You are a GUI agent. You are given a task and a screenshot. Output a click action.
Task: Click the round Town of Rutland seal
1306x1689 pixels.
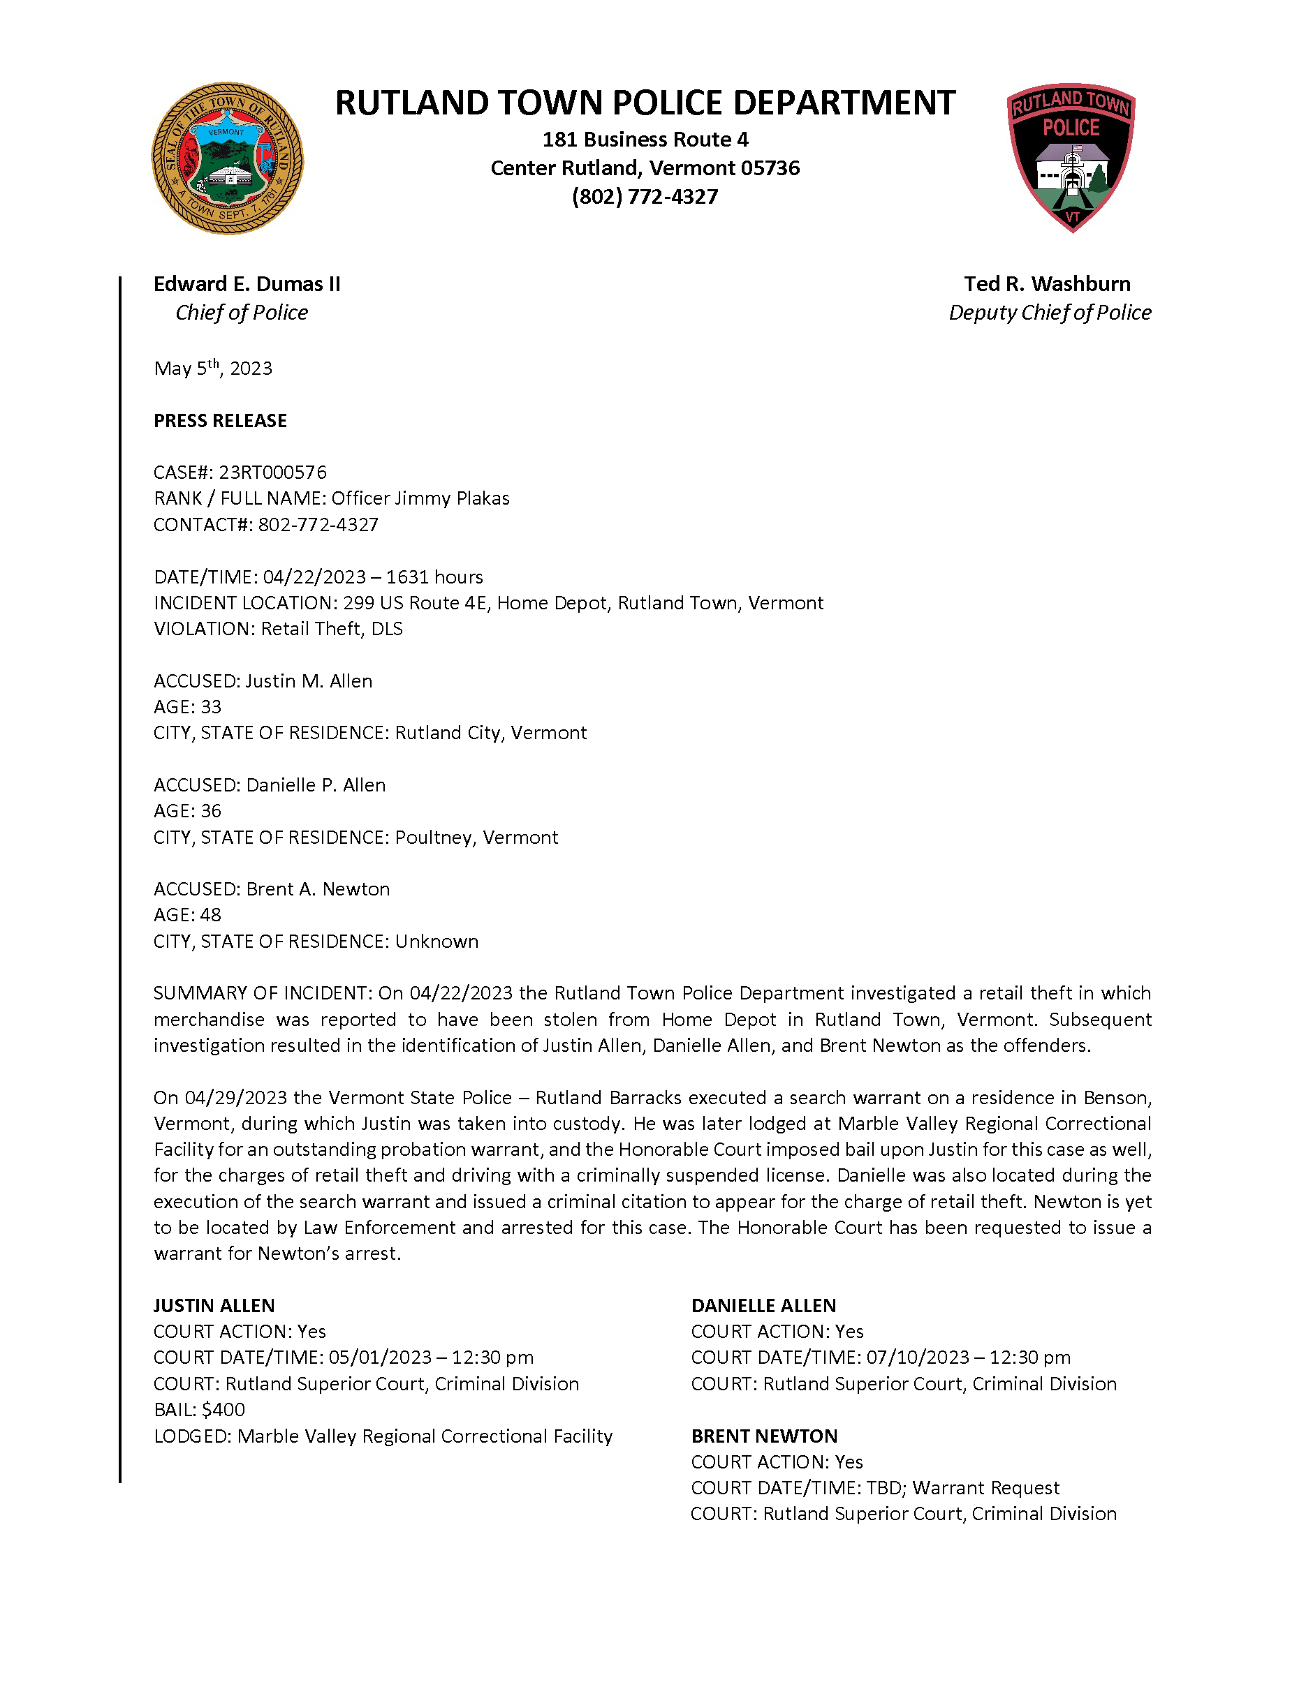[227, 158]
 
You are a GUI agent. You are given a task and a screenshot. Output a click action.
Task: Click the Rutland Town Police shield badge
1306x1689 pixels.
[1071, 157]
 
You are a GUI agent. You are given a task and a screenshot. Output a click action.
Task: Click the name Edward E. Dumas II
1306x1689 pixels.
[247, 285]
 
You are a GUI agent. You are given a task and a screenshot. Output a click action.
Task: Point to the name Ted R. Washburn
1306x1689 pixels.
[1047, 285]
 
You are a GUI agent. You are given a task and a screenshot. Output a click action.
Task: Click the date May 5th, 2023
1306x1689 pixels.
[213, 368]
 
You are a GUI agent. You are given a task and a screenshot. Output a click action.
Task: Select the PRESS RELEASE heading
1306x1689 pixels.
[220, 421]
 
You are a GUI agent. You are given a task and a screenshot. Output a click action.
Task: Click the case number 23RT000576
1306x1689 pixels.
[272, 473]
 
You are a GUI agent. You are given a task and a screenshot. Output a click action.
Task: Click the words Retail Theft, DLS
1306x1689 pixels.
[332, 629]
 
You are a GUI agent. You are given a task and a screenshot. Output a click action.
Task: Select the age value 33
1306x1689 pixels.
[210, 707]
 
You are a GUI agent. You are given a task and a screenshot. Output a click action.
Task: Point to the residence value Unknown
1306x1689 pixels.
[436, 942]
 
